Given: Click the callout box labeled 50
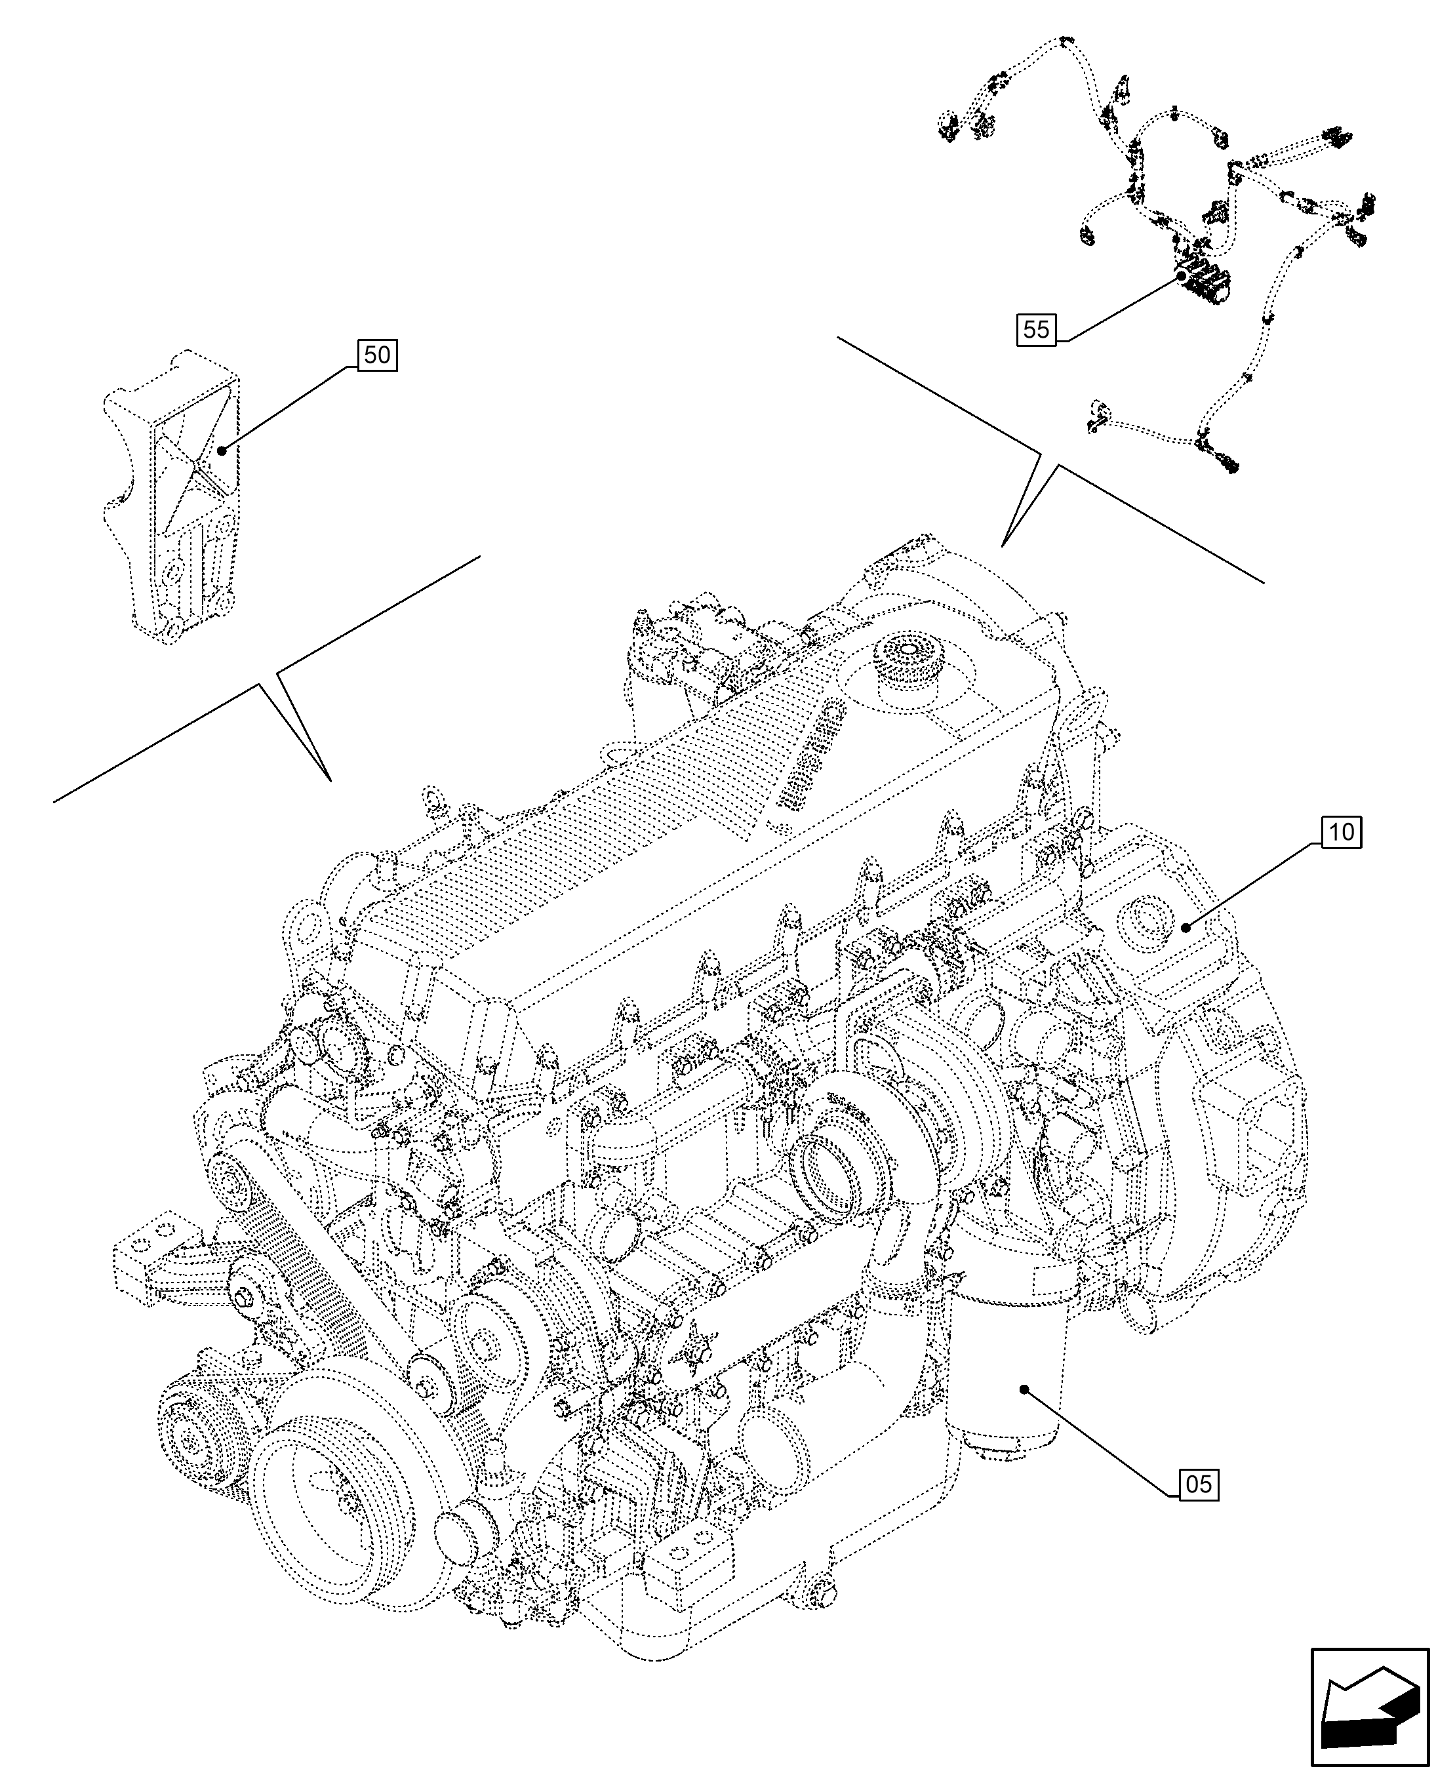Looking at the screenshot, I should [x=377, y=355].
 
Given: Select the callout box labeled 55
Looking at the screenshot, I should [x=1037, y=330].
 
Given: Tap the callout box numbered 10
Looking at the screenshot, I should [x=1342, y=832].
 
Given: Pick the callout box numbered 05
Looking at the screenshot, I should [x=1198, y=1485].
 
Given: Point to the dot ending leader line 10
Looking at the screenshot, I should [x=1184, y=928].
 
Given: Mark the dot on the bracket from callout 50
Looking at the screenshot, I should [x=221, y=450].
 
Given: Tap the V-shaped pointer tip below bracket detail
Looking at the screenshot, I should [x=329, y=778].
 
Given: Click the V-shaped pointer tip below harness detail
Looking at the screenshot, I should [x=1003, y=546].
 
